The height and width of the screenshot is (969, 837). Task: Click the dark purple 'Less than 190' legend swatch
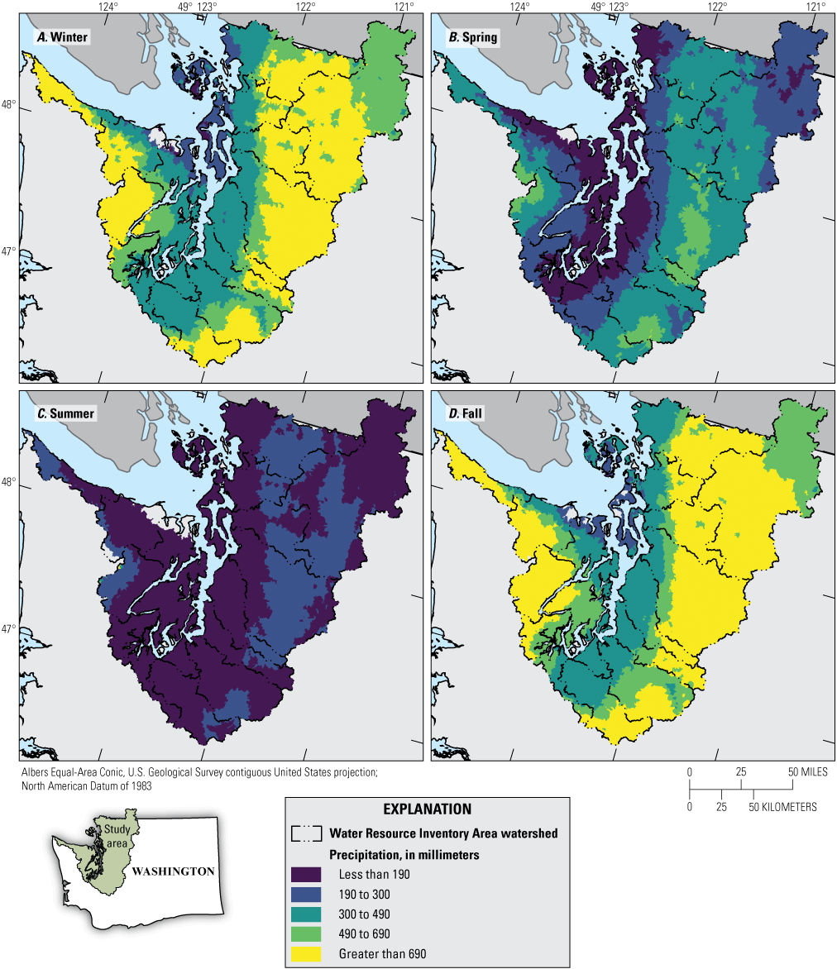pyautogui.click(x=306, y=874)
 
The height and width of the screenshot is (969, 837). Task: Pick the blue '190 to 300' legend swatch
pyautogui.click(x=306, y=894)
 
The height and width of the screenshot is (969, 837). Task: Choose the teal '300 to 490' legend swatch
pyautogui.click(x=306, y=914)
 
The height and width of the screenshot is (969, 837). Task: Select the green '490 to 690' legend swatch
pyautogui.click(x=306, y=933)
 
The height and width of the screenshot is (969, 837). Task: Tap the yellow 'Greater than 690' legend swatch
pyautogui.click(x=306, y=953)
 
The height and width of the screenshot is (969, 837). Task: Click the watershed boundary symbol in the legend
pyautogui.click(x=306, y=833)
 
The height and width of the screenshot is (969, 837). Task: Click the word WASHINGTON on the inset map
pyautogui.click(x=173, y=871)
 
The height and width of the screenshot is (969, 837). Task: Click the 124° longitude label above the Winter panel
pyautogui.click(x=108, y=7)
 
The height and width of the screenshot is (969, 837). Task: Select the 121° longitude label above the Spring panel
pyautogui.click(x=816, y=7)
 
